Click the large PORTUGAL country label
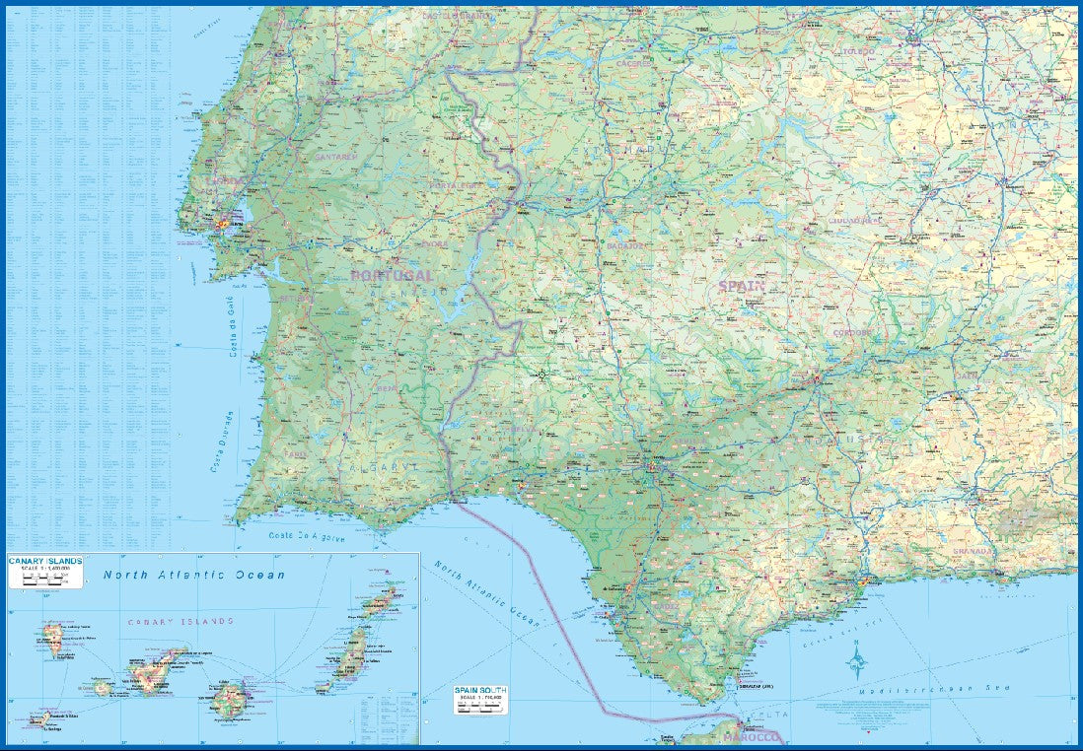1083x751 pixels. pyautogui.click(x=392, y=276)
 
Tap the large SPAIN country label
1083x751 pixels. pyautogui.click(x=742, y=287)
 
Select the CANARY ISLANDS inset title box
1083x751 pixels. pyautogui.click(x=45, y=572)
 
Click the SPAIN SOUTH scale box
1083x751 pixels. pyautogui.click(x=478, y=699)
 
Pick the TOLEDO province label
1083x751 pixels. pyautogui.click(x=857, y=51)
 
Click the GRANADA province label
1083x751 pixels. pyautogui.click(x=973, y=552)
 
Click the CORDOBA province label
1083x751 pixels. pyautogui.click(x=852, y=333)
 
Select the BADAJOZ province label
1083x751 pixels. pyautogui.click(x=627, y=246)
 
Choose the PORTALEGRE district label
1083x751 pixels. pyautogui.click(x=455, y=185)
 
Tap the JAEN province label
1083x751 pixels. pyautogui.click(x=966, y=375)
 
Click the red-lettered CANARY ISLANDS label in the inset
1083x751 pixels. pyautogui.click(x=180, y=622)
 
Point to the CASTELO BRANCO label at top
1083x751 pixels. pyautogui.click(x=456, y=17)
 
